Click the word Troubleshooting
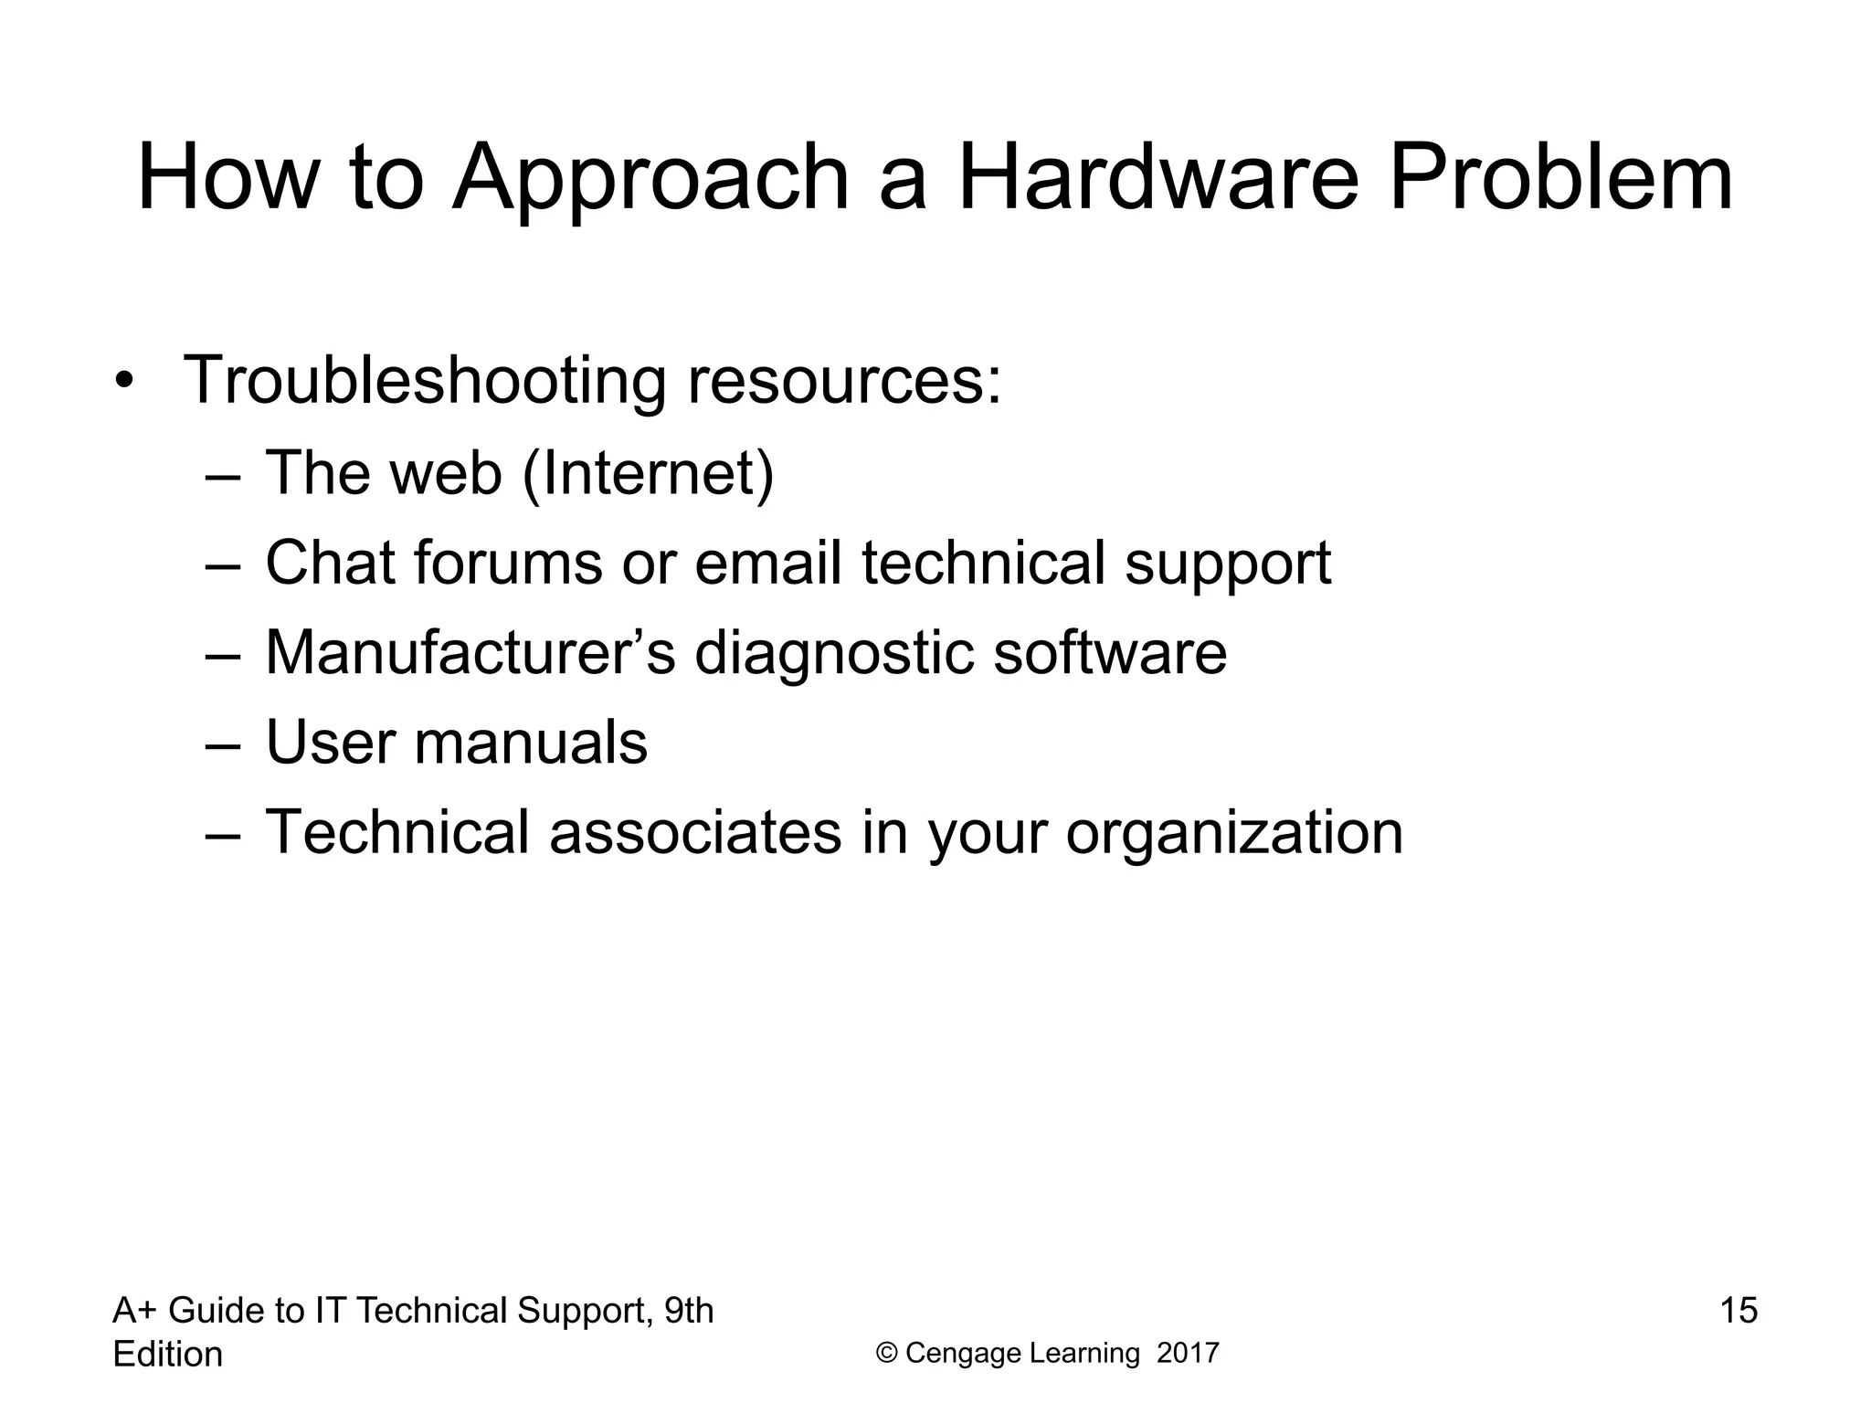pyautogui.click(x=425, y=382)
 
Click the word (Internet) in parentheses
pyautogui.click(x=648, y=473)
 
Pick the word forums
pyautogui.click(x=508, y=563)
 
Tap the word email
pyautogui.click(x=768, y=563)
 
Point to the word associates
pyautogui.click(x=695, y=832)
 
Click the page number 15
pyautogui.click(x=1739, y=1311)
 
